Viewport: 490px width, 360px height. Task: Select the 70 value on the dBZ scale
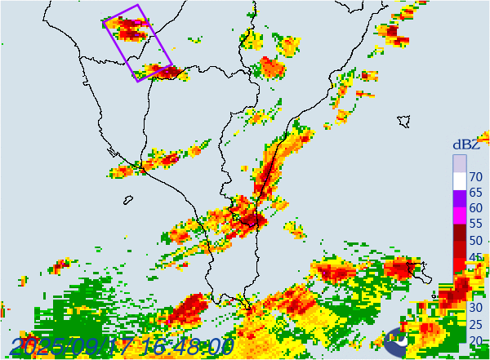pyautogui.click(x=475, y=176)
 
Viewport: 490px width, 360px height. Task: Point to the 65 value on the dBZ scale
pyautogui.click(x=475, y=193)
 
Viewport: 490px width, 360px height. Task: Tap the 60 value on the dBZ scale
pyautogui.click(x=475, y=209)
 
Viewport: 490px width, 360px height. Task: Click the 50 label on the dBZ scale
pyautogui.click(x=475, y=242)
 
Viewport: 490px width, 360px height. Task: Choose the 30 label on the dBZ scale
pyautogui.click(x=475, y=307)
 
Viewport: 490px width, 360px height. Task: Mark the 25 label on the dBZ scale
pyautogui.click(x=475, y=323)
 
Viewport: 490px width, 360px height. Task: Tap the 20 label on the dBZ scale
pyautogui.click(x=475, y=340)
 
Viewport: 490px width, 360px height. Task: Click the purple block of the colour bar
pyautogui.click(x=460, y=197)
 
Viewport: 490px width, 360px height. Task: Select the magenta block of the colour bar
pyautogui.click(x=460, y=213)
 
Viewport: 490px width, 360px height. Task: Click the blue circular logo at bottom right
pyautogui.click(x=398, y=342)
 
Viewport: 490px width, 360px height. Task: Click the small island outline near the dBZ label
pyautogui.click(x=403, y=121)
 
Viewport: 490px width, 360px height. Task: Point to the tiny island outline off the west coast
pyautogui.click(x=128, y=199)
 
